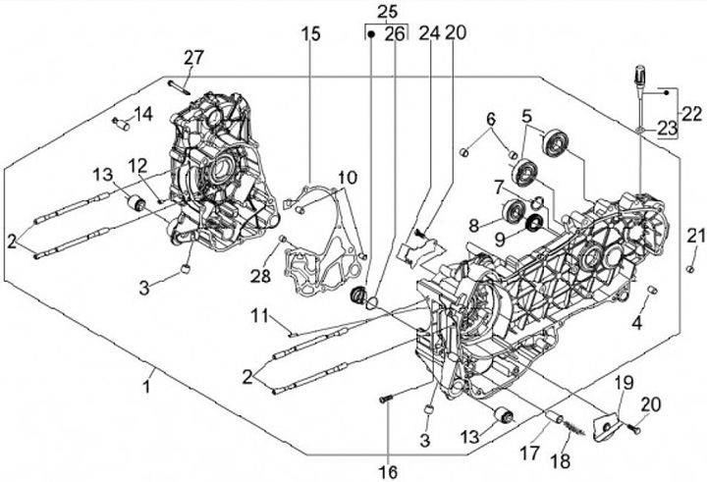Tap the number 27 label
pyautogui.click(x=192, y=56)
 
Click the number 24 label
pyautogui.click(x=428, y=32)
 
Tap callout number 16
pyautogui.click(x=389, y=457)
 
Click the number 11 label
pyautogui.click(x=258, y=316)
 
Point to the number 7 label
pyautogui.click(x=498, y=187)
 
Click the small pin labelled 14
pyautogui.click(x=122, y=124)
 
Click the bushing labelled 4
pyautogui.click(x=649, y=289)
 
